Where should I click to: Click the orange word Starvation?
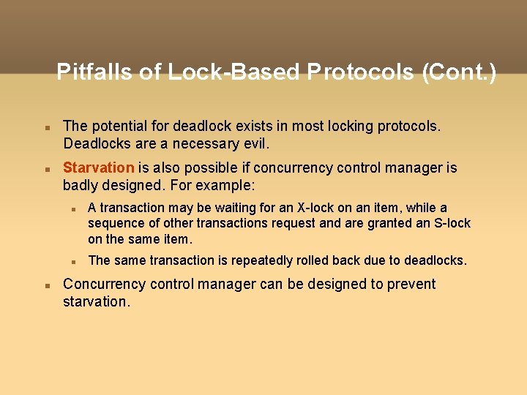point(99,168)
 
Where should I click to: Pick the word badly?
point(81,185)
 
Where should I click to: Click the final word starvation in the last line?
point(96,301)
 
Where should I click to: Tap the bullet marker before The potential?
point(47,127)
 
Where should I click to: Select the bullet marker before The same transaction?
point(74,261)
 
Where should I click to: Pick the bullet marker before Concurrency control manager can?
point(47,285)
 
